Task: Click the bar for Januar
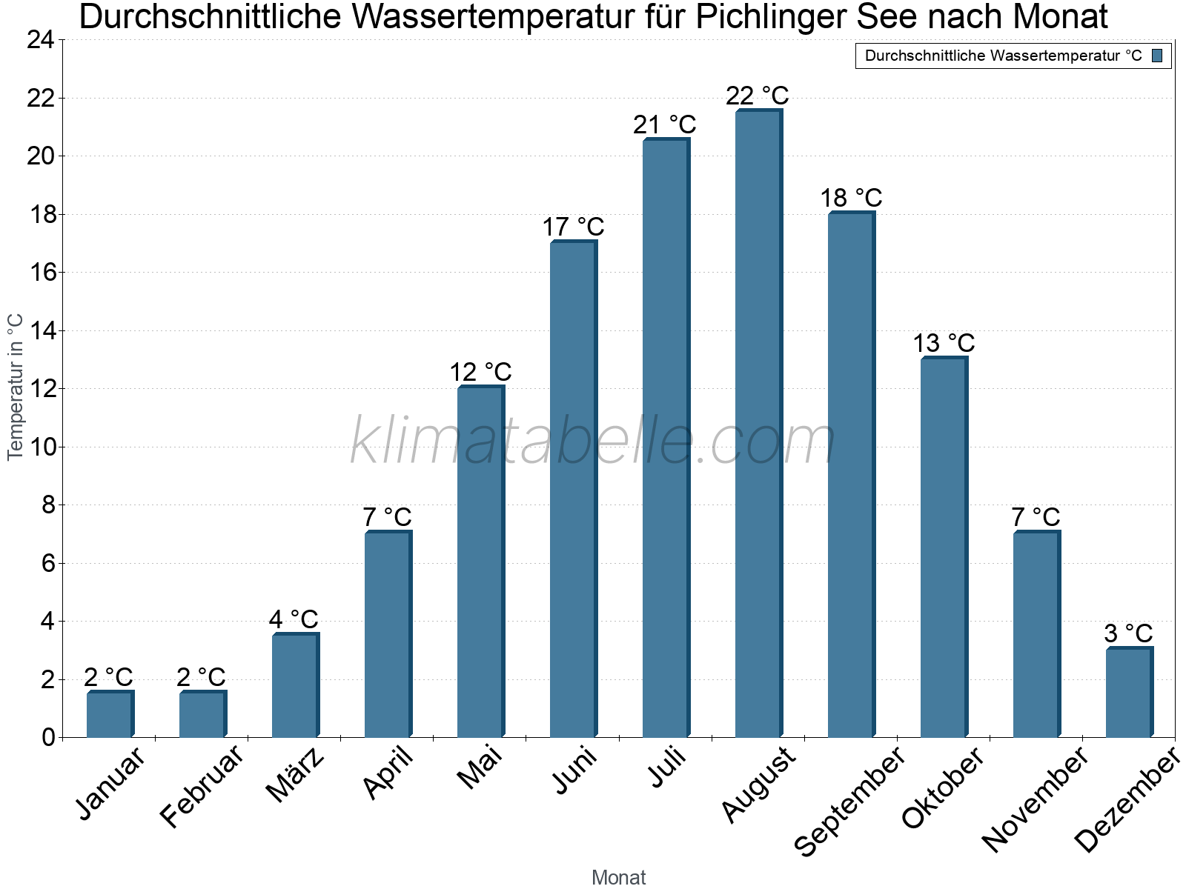click(110, 714)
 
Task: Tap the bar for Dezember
click(1129, 693)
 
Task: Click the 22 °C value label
click(758, 96)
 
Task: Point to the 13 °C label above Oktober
click(943, 343)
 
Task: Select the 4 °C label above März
click(294, 619)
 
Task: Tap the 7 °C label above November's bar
click(1036, 516)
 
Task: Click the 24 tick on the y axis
click(41, 40)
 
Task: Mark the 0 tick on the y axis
click(48, 737)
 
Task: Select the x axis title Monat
click(619, 877)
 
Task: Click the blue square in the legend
click(1157, 56)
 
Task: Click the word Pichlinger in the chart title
click(771, 16)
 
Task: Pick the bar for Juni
click(573, 489)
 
